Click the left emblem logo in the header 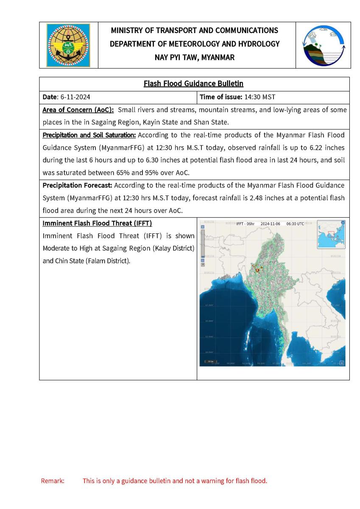[x=68, y=45]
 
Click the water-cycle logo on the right [x=323, y=45]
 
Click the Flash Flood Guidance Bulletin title [x=194, y=84]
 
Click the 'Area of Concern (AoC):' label [x=78, y=110]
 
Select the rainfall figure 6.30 [x=141, y=160]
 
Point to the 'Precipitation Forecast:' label [x=77, y=185]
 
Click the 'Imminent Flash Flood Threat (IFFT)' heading [x=97, y=223]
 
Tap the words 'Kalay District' [x=174, y=248]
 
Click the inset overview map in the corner [x=331, y=234]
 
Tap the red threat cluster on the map [x=257, y=268]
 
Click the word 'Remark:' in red [x=53, y=481]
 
